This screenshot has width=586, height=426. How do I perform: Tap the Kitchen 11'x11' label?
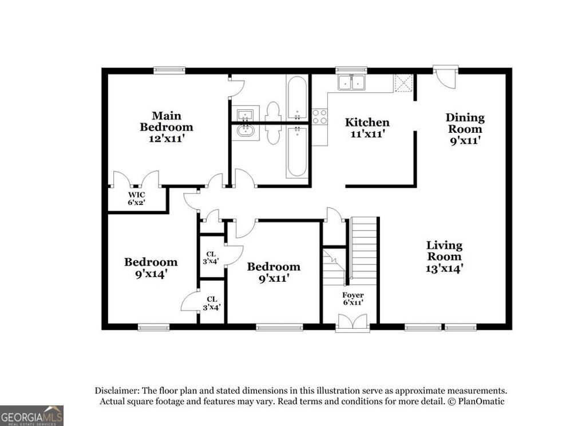pos(367,128)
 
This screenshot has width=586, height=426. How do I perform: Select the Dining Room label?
pos(465,128)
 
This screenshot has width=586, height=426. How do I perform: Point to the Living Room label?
pos(444,256)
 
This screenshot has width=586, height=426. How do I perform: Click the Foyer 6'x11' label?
pos(353,299)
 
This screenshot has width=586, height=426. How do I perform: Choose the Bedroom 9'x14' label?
pos(151,267)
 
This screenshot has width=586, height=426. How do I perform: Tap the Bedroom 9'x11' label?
pos(273,272)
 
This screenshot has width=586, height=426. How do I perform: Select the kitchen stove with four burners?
pos(319,117)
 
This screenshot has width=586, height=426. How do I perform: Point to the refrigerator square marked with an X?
pos(404,83)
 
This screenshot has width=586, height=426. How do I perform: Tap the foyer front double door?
pos(353,324)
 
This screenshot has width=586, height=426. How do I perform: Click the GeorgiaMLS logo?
pos(31,415)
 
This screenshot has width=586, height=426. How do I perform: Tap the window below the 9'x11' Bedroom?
pos(279,328)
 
